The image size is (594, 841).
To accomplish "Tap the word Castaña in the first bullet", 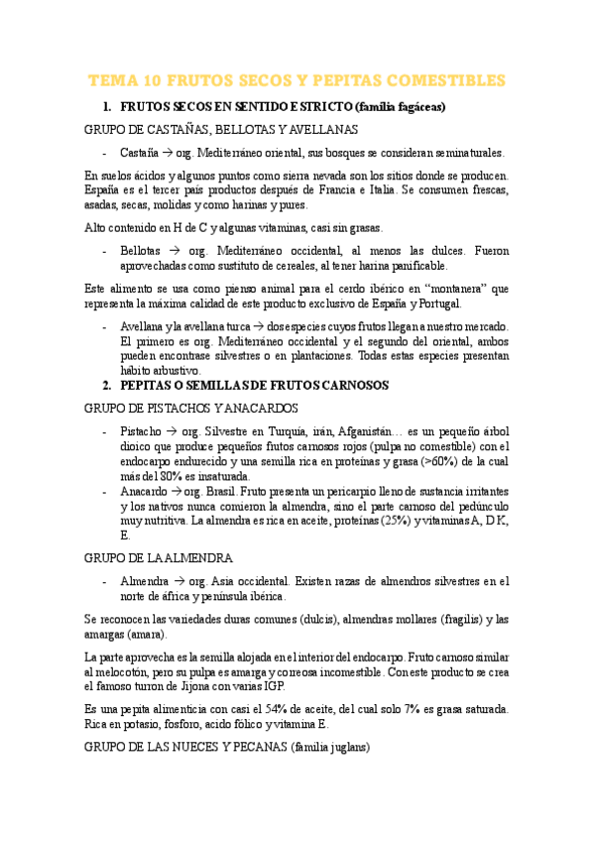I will pos(138,153).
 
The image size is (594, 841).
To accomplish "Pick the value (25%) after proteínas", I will pos(387,520).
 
